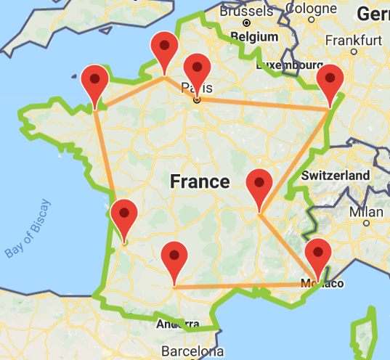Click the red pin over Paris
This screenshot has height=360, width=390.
click(x=197, y=70)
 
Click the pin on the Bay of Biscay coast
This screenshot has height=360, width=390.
click(x=124, y=215)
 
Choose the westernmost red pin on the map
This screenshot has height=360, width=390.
click(x=95, y=81)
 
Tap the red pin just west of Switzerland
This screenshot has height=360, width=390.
click(x=259, y=184)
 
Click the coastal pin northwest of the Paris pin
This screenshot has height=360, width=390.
click(x=165, y=48)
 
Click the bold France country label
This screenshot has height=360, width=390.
click(x=200, y=181)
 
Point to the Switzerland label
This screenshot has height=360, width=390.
click(x=336, y=176)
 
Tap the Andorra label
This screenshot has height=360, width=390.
click(x=178, y=323)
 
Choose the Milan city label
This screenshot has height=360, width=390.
click(x=365, y=212)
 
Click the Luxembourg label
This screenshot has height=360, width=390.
click(x=289, y=66)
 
